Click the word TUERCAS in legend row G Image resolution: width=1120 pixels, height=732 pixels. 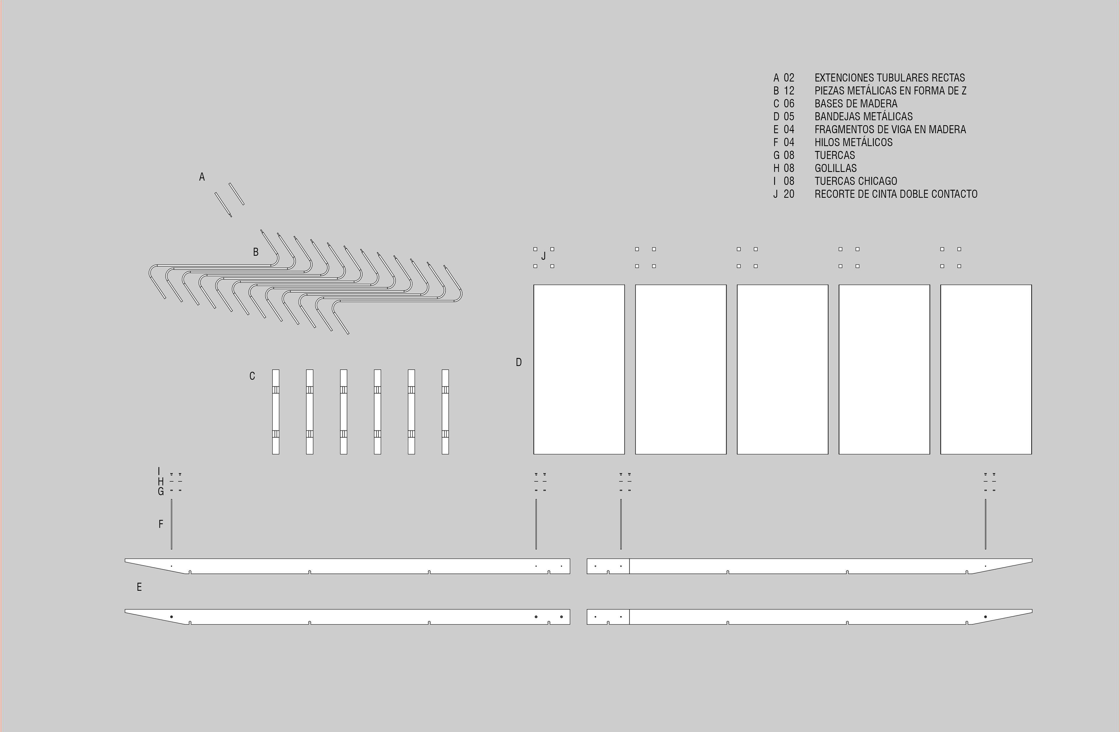pos(834,155)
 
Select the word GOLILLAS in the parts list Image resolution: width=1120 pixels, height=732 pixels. pos(835,168)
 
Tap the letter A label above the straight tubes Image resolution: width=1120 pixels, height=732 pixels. pos(202,177)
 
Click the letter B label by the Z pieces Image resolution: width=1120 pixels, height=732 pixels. pos(256,252)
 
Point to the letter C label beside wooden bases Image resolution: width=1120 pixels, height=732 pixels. pos(252,376)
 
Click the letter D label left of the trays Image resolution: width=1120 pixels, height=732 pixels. pos(519,362)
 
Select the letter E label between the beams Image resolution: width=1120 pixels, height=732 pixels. pos(139,587)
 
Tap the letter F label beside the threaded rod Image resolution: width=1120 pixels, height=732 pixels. pos(161,524)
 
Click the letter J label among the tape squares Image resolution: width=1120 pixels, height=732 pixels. pos(544,256)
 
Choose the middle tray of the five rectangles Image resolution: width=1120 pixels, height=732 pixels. pos(782,369)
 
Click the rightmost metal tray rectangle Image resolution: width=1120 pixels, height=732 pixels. pos(986,369)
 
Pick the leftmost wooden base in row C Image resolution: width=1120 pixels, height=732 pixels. pos(276,412)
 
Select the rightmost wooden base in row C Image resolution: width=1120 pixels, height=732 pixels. pos(445,412)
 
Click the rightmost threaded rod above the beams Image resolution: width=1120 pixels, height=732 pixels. pos(986,524)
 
